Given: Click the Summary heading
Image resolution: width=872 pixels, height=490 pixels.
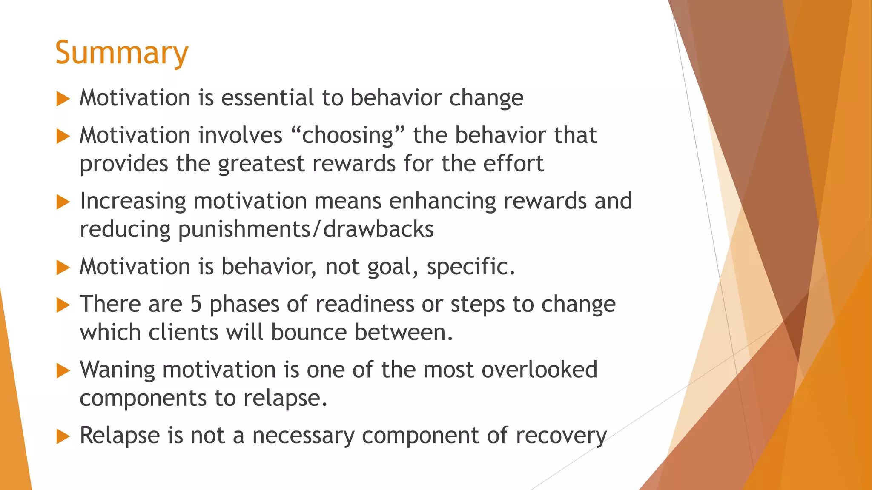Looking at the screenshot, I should point(122,53).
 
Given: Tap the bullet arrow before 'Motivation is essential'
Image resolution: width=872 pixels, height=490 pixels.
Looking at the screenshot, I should point(63,99).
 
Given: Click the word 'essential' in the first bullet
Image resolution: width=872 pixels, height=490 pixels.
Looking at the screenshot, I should point(267,98).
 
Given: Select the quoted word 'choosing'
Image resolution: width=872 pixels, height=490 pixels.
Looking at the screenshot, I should point(347,136).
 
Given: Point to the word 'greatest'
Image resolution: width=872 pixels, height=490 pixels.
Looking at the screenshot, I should point(261,164).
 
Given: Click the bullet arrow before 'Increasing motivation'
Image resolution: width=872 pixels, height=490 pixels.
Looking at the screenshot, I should point(63,202).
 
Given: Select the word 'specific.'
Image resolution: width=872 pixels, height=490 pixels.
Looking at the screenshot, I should point(471,267).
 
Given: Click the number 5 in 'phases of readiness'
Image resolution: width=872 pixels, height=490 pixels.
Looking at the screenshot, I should point(196,304).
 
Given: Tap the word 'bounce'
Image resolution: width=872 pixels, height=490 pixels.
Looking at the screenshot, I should point(309,332).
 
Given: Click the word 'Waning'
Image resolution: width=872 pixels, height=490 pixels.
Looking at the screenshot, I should point(117,370).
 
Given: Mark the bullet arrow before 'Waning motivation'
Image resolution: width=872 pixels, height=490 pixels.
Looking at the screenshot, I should point(63,371).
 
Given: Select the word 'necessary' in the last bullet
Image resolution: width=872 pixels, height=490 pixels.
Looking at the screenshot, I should point(303,436).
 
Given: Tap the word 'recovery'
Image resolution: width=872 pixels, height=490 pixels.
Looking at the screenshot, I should point(561,436).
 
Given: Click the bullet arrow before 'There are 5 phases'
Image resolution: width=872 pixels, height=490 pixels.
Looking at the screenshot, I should point(63,305).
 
